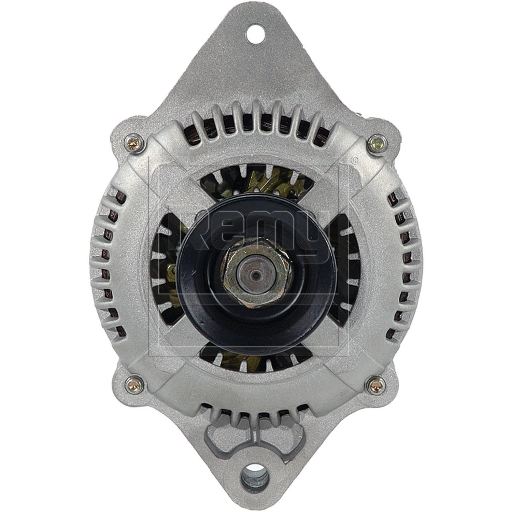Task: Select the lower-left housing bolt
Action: (135, 385)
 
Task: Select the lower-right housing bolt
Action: (376, 385)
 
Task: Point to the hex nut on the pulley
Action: (256, 273)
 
